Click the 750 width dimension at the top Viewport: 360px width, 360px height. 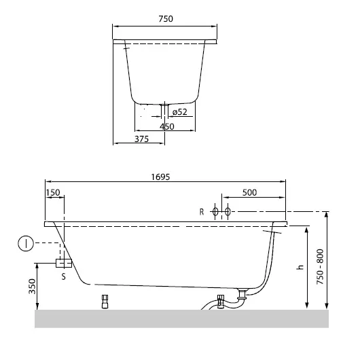165,20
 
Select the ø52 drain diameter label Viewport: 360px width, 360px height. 180,111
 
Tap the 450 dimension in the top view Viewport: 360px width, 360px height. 167,126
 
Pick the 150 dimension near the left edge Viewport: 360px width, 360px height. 53,193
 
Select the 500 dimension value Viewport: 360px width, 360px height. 249,193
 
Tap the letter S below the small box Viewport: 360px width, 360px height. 64,277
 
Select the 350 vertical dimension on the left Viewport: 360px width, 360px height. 32,285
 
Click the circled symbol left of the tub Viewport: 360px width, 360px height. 24,242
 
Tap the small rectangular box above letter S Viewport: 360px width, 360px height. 64,262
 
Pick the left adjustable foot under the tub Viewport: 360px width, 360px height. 105,302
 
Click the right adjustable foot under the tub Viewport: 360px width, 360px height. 219,302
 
